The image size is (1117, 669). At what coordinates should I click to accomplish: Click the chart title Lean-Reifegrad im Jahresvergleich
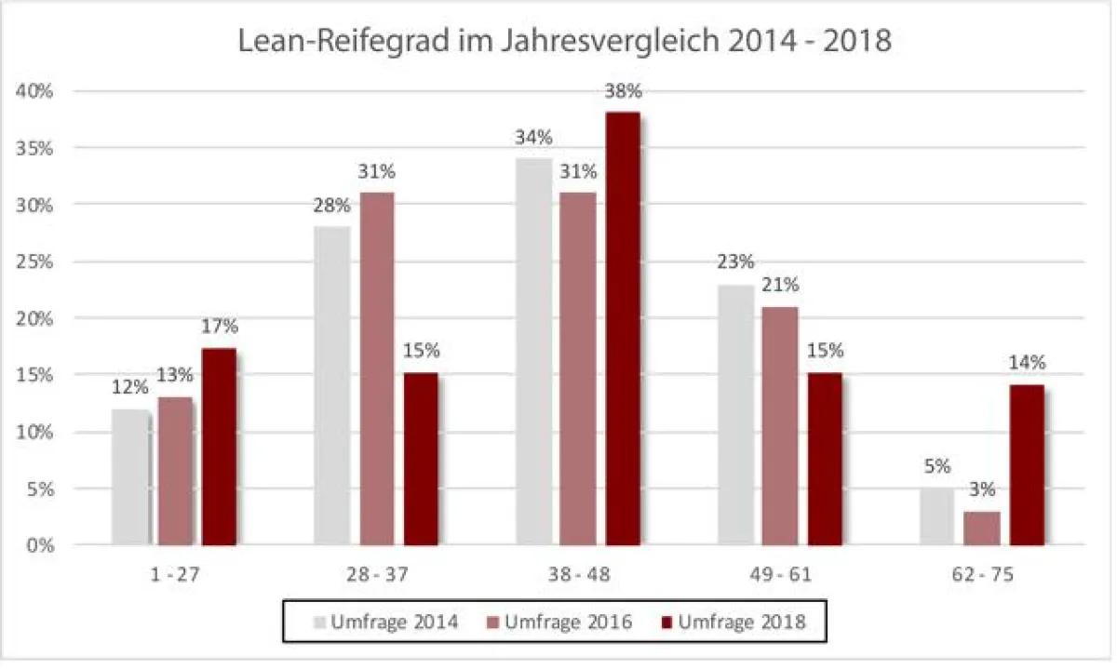(x=558, y=43)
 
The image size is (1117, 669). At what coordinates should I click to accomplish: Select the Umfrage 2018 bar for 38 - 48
(x=623, y=328)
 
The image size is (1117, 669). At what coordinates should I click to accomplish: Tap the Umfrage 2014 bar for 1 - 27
(x=130, y=476)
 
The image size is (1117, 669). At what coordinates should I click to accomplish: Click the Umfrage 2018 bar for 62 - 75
(x=1027, y=464)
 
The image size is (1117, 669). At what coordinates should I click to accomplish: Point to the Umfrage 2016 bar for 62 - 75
(x=982, y=528)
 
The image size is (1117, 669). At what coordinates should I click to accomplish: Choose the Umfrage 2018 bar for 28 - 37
(x=421, y=459)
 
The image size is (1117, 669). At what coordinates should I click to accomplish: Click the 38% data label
(x=623, y=92)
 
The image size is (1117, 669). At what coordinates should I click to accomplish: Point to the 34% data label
(x=533, y=138)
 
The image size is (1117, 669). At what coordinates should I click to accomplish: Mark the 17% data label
(x=220, y=327)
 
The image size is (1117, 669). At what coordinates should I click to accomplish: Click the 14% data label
(x=1027, y=362)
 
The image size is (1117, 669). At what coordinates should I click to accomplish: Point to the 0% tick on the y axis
(x=43, y=545)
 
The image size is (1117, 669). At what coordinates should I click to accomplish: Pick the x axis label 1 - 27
(x=175, y=576)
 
